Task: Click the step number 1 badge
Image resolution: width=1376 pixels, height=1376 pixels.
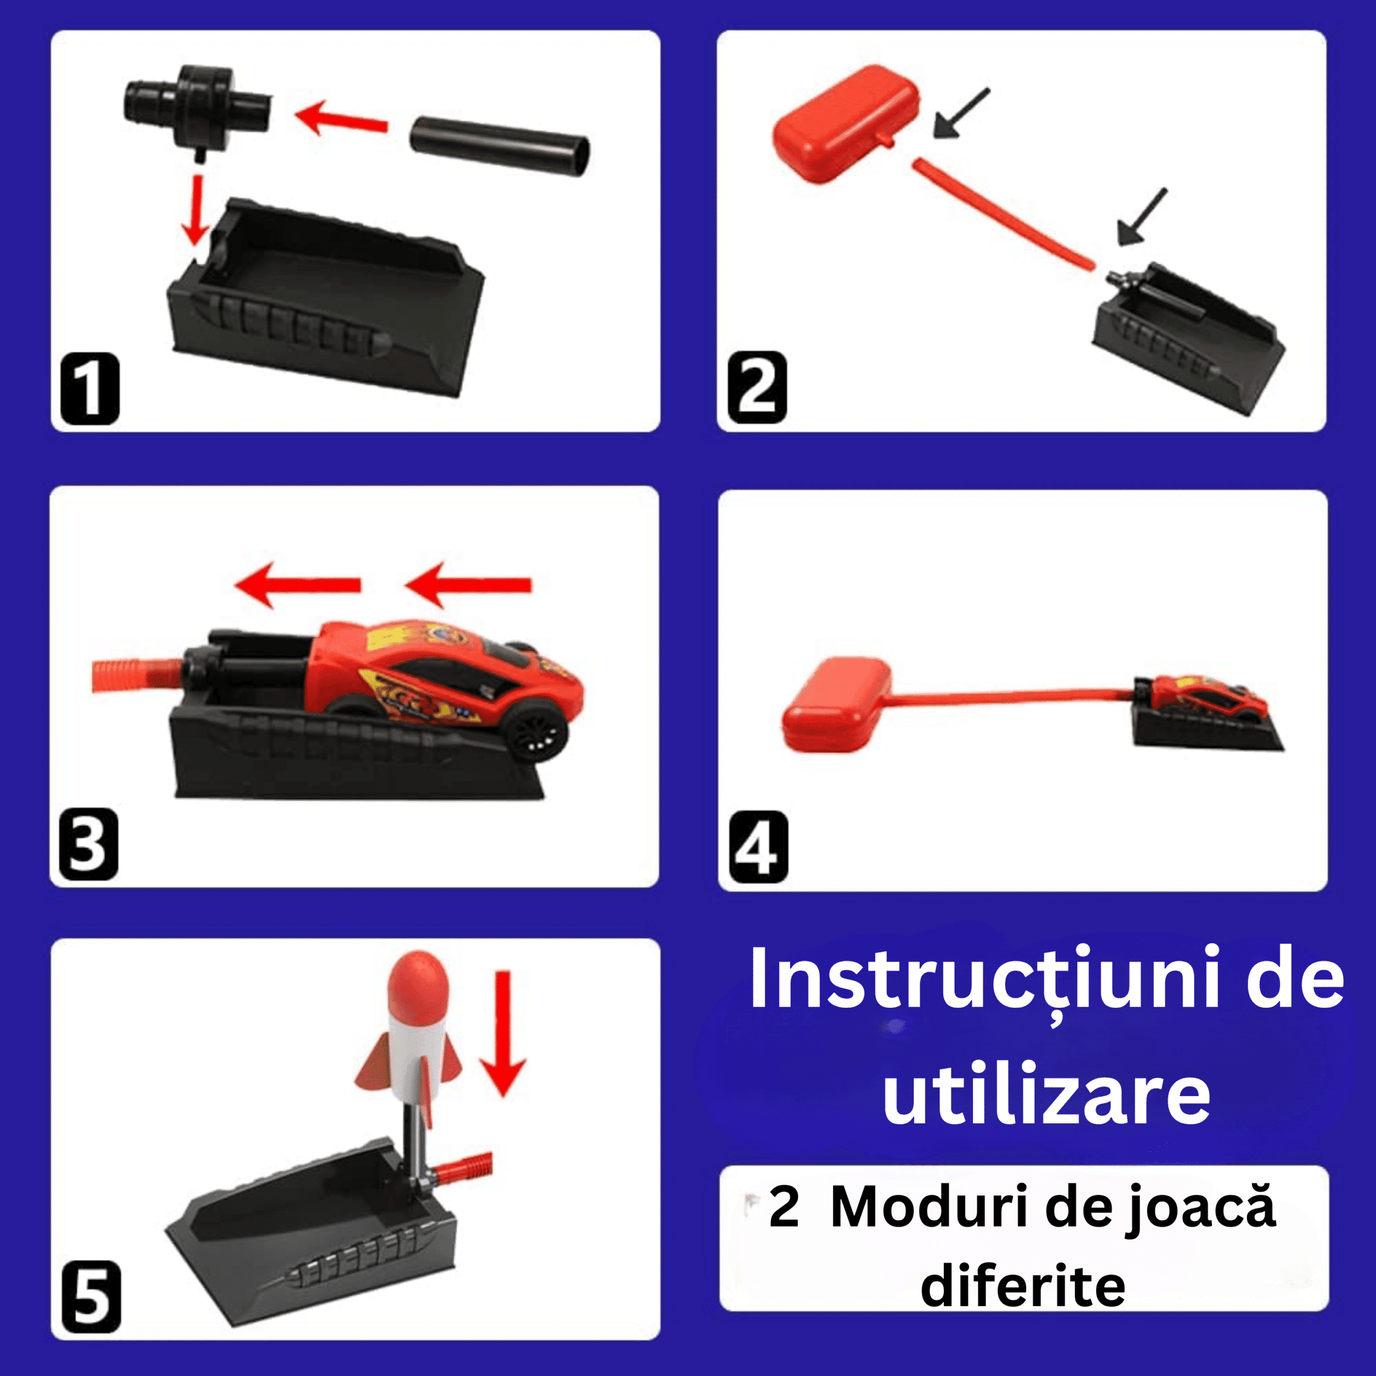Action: pos(90,389)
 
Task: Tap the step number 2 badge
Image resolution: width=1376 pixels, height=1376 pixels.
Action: pos(757,388)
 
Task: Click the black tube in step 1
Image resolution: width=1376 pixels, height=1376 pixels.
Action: pos(500,145)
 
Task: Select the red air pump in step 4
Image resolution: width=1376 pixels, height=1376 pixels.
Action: pos(837,704)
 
